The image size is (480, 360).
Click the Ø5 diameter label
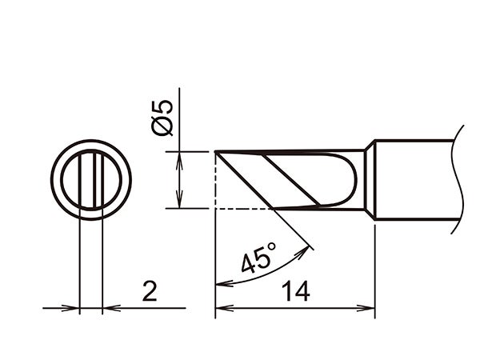(x=162, y=117)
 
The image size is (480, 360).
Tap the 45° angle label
(x=258, y=260)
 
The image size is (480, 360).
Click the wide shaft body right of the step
(x=416, y=179)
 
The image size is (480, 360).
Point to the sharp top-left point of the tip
(x=217, y=152)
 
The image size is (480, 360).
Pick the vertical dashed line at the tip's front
(x=216, y=180)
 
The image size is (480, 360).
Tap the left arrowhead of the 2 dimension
(x=74, y=307)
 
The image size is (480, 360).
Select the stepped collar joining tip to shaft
(x=370, y=179)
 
